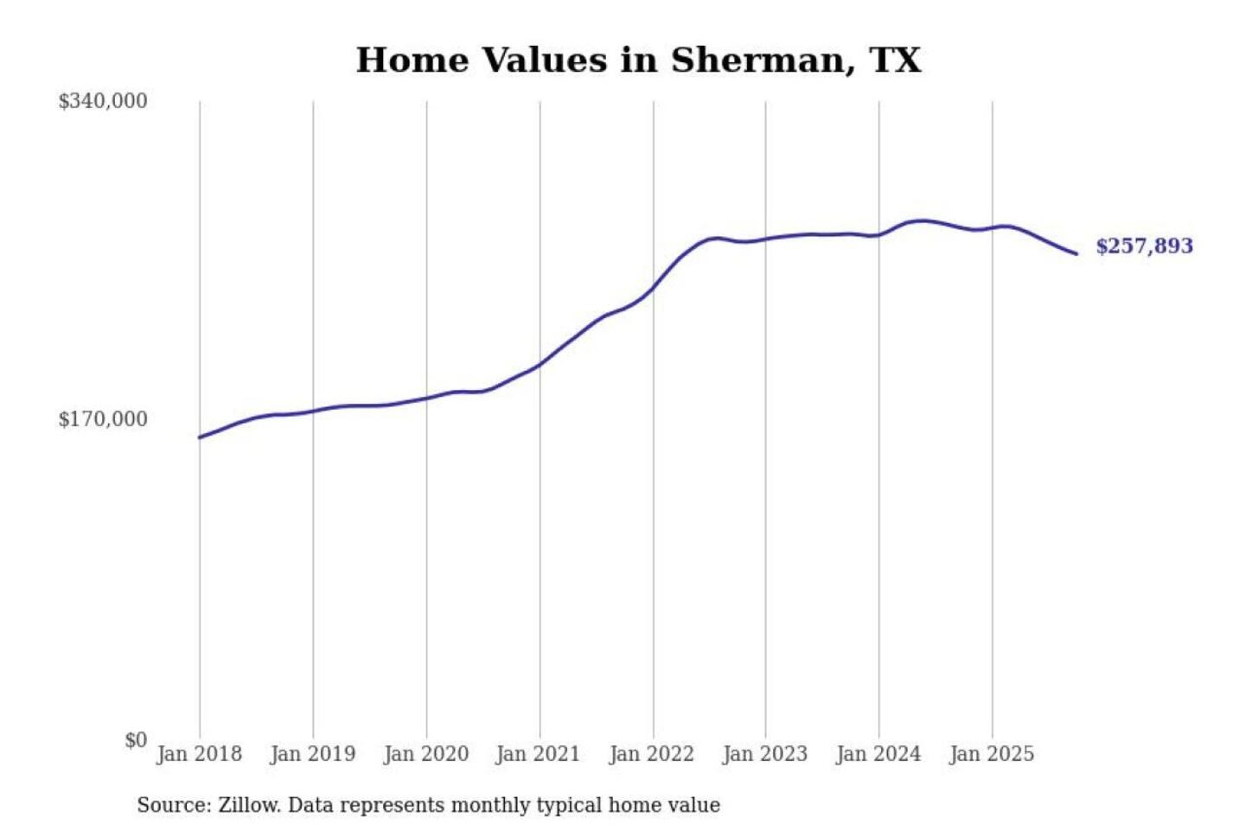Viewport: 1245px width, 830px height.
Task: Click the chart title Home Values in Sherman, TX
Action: point(638,61)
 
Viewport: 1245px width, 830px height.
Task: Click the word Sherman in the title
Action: point(757,61)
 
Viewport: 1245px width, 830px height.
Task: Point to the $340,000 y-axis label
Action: point(103,101)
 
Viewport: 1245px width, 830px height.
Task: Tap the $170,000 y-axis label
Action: point(103,419)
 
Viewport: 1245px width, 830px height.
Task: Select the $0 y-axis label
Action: point(136,740)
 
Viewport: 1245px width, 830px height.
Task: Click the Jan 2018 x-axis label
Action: point(199,754)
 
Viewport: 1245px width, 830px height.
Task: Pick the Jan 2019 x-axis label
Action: point(312,754)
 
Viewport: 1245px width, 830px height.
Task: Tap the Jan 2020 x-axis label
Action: point(425,754)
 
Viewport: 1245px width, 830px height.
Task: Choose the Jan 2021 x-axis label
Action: point(538,754)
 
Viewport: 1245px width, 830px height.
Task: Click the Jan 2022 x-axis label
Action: point(651,754)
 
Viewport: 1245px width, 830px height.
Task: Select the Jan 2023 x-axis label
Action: point(764,754)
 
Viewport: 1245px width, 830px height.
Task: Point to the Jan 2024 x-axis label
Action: point(878,754)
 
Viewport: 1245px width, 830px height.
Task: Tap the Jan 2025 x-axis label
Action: point(991,754)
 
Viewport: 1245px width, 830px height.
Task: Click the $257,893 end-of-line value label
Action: point(1144,246)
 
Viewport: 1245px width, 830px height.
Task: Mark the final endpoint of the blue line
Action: point(1076,253)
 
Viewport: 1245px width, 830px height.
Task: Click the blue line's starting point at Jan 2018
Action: point(200,437)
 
